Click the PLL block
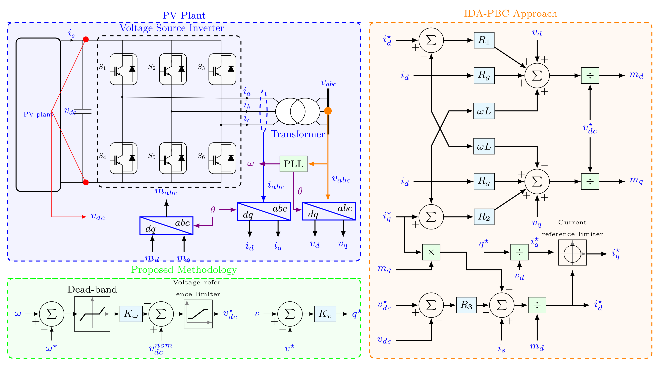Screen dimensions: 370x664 point(293,164)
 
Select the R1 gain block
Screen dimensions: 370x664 point(484,40)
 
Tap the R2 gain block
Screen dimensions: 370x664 point(484,217)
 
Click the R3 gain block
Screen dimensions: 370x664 point(466,305)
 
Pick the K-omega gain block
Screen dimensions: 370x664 point(131,314)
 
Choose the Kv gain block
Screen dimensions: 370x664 point(325,314)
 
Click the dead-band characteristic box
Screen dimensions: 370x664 point(92,314)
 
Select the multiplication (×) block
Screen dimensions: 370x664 point(431,252)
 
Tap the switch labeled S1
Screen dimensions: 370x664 point(123,69)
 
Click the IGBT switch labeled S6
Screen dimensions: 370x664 point(222,158)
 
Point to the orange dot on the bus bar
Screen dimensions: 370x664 point(328,111)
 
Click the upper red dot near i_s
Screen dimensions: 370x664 point(86,39)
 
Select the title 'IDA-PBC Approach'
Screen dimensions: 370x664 point(510,13)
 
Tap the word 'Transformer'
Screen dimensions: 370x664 point(298,134)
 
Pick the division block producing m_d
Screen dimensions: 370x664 point(590,76)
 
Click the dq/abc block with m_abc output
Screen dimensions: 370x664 point(166,226)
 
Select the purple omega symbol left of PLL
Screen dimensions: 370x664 point(250,164)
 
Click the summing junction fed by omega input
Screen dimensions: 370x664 point(52,314)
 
